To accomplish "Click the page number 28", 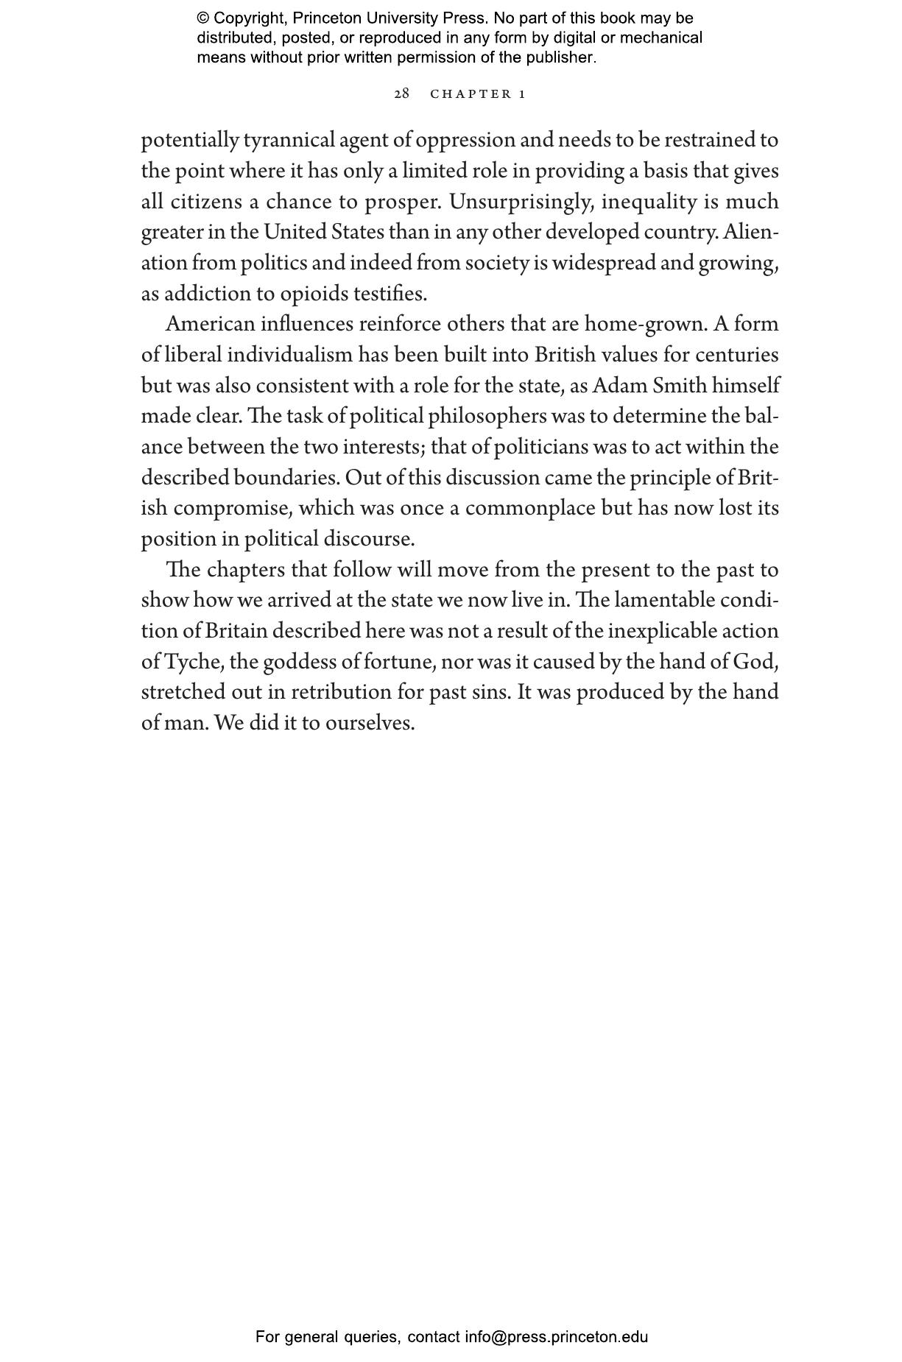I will pos(401,93).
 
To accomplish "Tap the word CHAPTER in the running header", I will pos(471,93).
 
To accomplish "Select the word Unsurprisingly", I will pos(521,201).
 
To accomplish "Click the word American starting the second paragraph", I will pos(210,324).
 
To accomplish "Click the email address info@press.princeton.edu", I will pos(556,1337).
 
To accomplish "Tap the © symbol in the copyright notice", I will pos(203,18).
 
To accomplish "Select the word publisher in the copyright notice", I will pos(563,57).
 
